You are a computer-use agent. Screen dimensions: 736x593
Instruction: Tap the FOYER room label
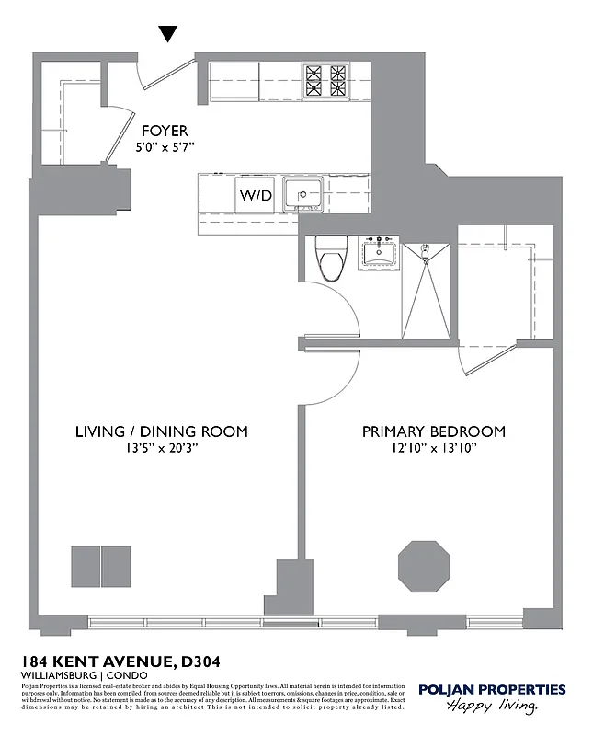pyautogui.click(x=165, y=131)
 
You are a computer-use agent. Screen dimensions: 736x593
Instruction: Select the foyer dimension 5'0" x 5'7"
pyautogui.click(x=165, y=146)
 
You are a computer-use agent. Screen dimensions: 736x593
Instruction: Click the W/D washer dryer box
pyautogui.click(x=256, y=195)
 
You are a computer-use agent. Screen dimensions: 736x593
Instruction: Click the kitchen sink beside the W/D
pyautogui.click(x=302, y=194)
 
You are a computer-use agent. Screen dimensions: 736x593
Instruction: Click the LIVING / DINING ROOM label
pyautogui.click(x=161, y=431)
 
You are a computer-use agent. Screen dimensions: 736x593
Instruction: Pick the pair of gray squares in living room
pyautogui.click(x=101, y=566)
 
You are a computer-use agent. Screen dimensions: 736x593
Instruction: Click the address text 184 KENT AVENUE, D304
pyautogui.click(x=120, y=661)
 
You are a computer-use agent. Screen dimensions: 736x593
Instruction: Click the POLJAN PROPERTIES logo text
pyautogui.click(x=492, y=689)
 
